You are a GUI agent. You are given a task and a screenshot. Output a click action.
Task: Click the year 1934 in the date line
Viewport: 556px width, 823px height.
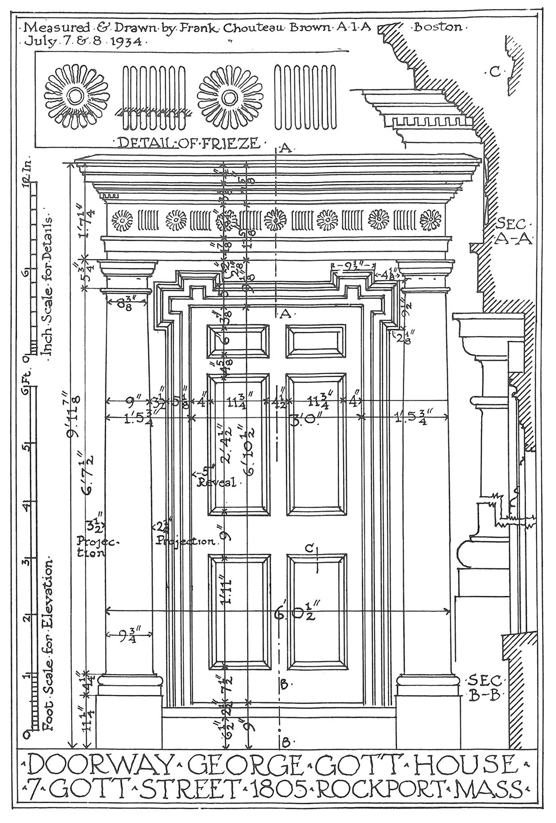pyautogui.click(x=129, y=42)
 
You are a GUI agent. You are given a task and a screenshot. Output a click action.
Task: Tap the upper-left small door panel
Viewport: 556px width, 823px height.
pyautogui.click(x=238, y=341)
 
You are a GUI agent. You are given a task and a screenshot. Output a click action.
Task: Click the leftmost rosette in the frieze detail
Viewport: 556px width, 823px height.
pyautogui.click(x=78, y=96)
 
